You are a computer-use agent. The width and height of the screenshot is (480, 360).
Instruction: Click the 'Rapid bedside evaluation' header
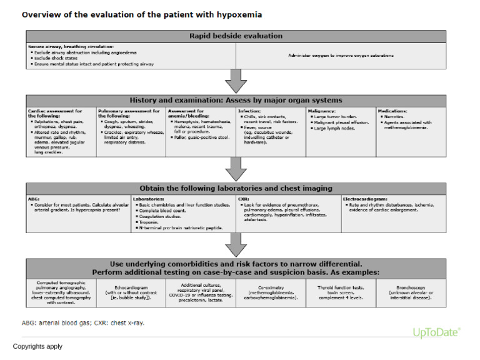pos(236,36)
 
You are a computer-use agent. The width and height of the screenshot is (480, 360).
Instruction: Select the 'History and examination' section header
pos(236,101)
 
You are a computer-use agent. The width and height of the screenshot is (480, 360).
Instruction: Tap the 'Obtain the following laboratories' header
pos(236,189)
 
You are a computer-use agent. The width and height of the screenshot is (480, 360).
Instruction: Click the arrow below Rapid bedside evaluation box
pos(236,81)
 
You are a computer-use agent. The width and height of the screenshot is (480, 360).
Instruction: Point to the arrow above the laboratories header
pos(236,169)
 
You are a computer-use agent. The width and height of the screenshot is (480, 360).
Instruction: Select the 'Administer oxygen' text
pos(341,56)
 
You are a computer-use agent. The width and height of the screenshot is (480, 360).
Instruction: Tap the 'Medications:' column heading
pos(393,110)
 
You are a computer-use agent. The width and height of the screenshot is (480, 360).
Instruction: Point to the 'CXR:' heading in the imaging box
pos(243,198)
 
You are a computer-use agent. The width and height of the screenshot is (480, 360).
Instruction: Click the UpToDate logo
pos(437,332)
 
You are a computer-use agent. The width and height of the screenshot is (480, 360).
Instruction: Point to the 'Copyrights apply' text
pos(37,346)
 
